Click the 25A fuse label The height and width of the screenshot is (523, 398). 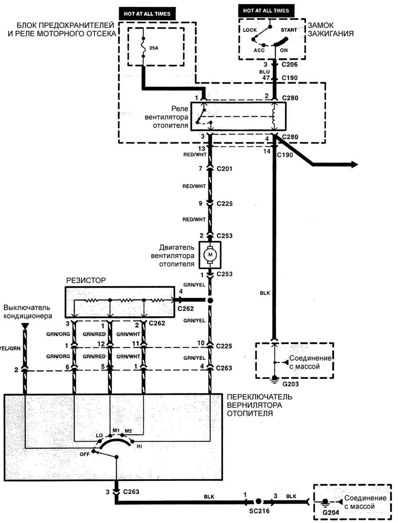coord(154,48)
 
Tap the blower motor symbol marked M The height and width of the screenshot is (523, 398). coord(210,255)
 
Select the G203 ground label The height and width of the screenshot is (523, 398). coord(291,384)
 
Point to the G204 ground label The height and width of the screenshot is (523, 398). coord(331,512)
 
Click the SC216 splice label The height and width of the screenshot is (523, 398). coord(259,511)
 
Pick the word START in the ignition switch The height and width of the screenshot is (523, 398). coord(289,30)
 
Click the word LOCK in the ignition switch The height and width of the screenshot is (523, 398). coord(250,30)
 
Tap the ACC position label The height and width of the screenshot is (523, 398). coord(259,50)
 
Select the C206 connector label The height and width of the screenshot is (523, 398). coord(289,64)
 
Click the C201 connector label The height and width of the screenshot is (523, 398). coord(224,169)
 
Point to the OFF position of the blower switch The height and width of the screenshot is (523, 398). coord(84,454)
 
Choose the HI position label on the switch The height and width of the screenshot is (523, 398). coord(139,446)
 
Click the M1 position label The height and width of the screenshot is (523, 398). coord(116,431)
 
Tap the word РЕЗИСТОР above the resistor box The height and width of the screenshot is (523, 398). coord(86,280)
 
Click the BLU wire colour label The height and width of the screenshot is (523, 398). coord(264,72)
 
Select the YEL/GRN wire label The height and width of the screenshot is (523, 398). coord(10,348)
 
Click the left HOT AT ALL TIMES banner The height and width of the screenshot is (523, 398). coord(147,14)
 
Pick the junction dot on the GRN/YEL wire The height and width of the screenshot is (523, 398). coord(210,300)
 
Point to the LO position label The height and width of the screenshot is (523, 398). coord(99,436)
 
